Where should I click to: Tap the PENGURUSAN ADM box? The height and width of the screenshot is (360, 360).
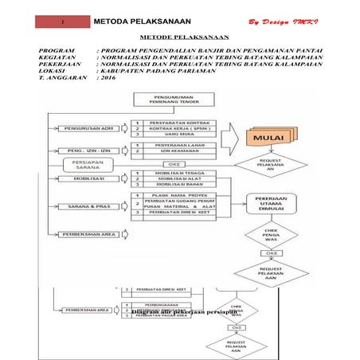coord(88,127)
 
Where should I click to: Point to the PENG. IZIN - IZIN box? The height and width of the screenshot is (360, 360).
coord(88,150)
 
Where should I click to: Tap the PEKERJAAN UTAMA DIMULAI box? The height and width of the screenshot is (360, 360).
coord(271,202)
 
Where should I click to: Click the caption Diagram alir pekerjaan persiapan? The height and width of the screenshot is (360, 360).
coord(185,312)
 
